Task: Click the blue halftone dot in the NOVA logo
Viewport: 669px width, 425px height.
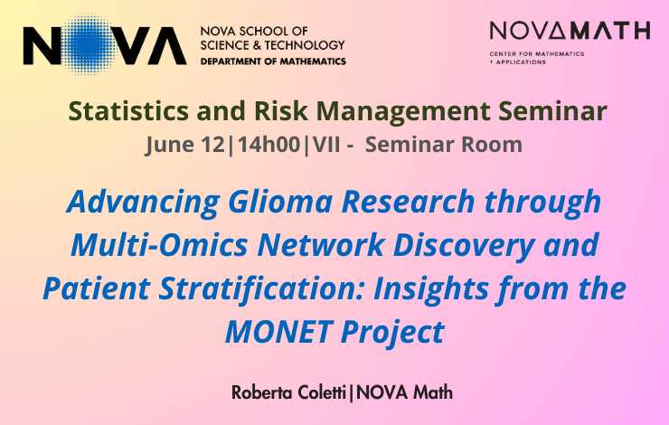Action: coord(87,45)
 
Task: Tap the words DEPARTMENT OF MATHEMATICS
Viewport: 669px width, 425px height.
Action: coord(273,61)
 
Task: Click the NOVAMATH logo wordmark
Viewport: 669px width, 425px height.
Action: coord(570,31)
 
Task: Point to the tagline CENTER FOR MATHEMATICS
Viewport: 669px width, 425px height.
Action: coord(537,53)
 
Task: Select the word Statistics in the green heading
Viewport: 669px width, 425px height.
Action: coord(128,111)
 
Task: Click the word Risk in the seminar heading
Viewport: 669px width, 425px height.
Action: coord(281,111)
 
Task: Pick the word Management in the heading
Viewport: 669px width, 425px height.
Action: coord(403,112)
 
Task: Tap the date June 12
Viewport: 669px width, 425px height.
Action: coord(184,145)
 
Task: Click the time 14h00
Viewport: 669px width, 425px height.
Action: coord(269,144)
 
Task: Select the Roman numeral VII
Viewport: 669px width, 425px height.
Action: coord(327,145)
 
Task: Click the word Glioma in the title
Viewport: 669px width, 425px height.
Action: coord(280,201)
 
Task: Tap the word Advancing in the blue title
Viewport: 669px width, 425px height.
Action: coord(144,203)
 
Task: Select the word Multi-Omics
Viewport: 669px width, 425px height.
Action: coord(159,244)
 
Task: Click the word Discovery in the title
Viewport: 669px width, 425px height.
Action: coord(464,246)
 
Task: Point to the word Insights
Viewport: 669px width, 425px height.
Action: coord(431,289)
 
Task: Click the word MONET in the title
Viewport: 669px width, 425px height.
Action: coord(279,332)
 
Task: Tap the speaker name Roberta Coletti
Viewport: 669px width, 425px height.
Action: coord(289,392)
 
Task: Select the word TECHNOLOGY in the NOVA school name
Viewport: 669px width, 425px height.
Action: coord(305,45)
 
